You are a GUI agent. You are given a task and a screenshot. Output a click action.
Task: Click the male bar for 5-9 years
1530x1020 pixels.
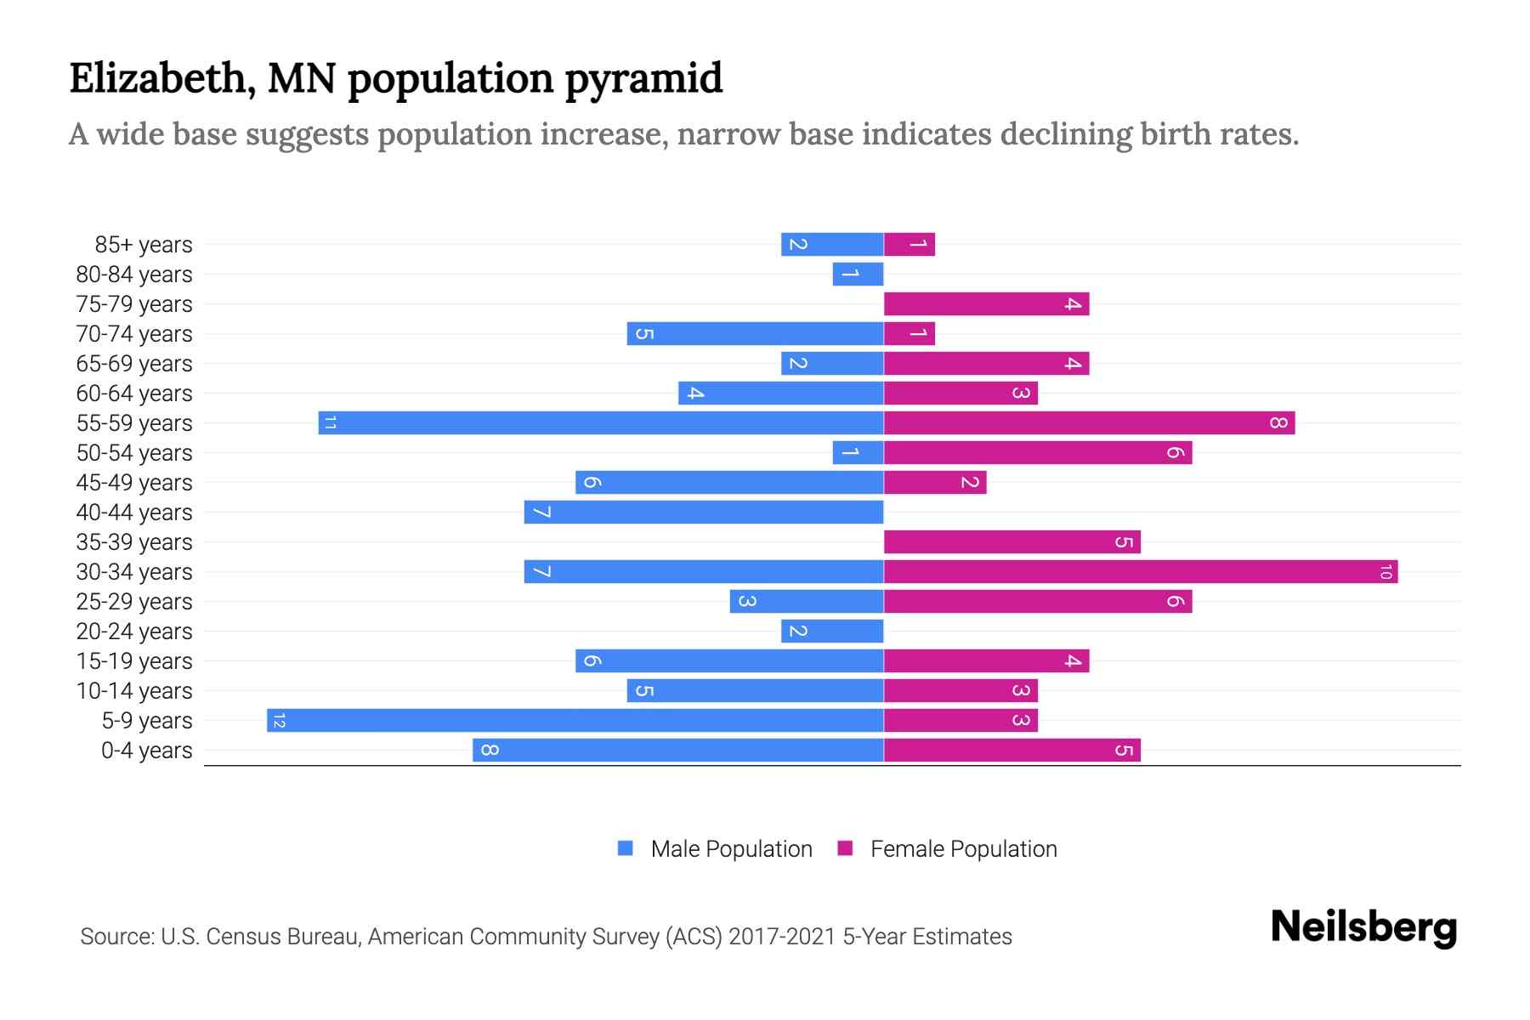pyautogui.click(x=575, y=721)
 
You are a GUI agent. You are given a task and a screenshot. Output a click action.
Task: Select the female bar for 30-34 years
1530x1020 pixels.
pyautogui.click(x=1141, y=572)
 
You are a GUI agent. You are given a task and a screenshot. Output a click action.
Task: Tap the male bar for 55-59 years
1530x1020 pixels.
pyautogui.click(x=601, y=423)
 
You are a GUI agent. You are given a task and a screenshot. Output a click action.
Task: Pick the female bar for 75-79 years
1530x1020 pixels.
pyautogui.click(x=986, y=304)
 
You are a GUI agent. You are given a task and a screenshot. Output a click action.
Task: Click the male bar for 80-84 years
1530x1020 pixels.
pyautogui.click(x=858, y=275)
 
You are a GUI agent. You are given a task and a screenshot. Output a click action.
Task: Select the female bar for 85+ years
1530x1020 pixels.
pyautogui.click(x=909, y=245)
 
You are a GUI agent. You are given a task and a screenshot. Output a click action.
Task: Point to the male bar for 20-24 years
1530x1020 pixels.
pyautogui.click(x=832, y=632)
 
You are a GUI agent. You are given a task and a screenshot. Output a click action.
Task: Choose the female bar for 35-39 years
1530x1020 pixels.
pyautogui.click(x=1011, y=542)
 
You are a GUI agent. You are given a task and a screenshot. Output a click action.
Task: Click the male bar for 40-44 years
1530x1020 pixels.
pyautogui.click(x=704, y=513)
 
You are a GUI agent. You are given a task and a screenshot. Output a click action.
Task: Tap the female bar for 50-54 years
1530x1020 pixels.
pyautogui.click(x=1038, y=453)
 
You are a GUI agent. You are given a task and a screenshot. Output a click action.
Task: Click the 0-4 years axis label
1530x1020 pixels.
pyautogui.click(x=146, y=751)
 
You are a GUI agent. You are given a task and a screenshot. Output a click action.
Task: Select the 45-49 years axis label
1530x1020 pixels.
pyautogui.click(x=134, y=483)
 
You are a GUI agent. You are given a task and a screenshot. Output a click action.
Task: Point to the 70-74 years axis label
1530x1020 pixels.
pyautogui.click(x=134, y=334)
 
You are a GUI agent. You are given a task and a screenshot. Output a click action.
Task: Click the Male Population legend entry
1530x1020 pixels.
pyautogui.click(x=731, y=849)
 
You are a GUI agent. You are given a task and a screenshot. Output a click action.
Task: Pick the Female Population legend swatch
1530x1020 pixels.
pyautogui.click(x=845, y=848)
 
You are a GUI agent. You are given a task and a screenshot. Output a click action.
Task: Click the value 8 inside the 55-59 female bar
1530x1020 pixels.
pyautogui.click(x=1278, y=423)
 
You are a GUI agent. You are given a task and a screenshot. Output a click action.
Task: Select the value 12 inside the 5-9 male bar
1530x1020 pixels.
pyautogui.click(x=279, y=721)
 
